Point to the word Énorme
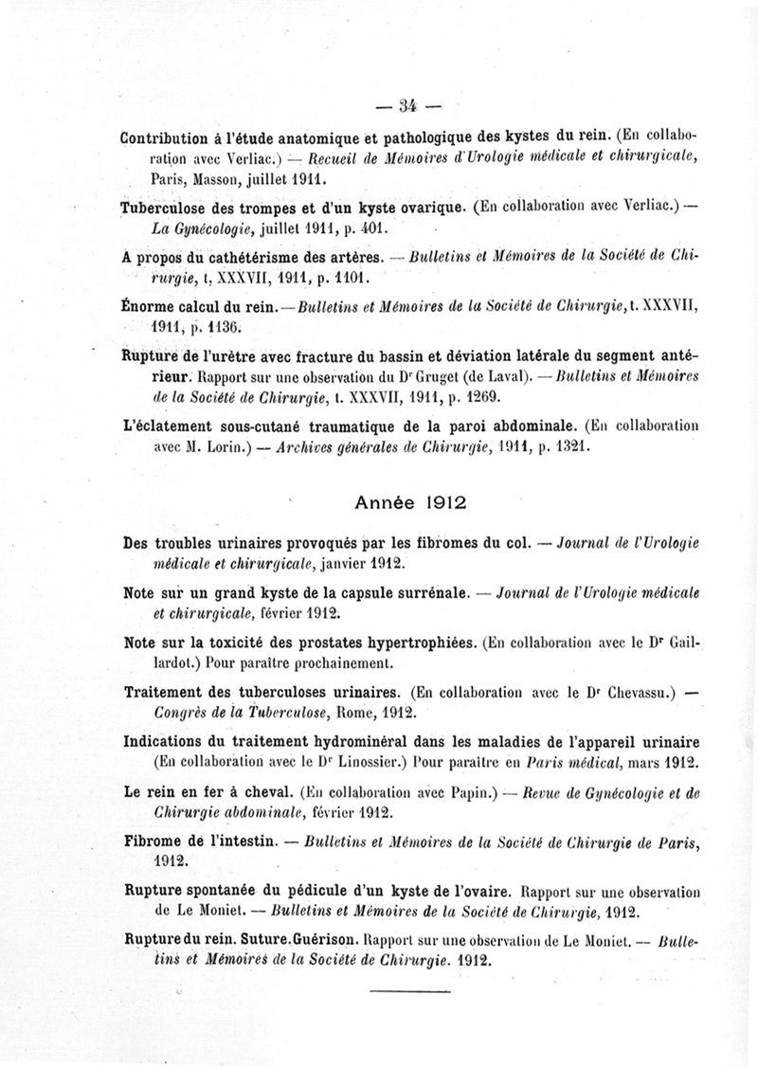149,306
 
